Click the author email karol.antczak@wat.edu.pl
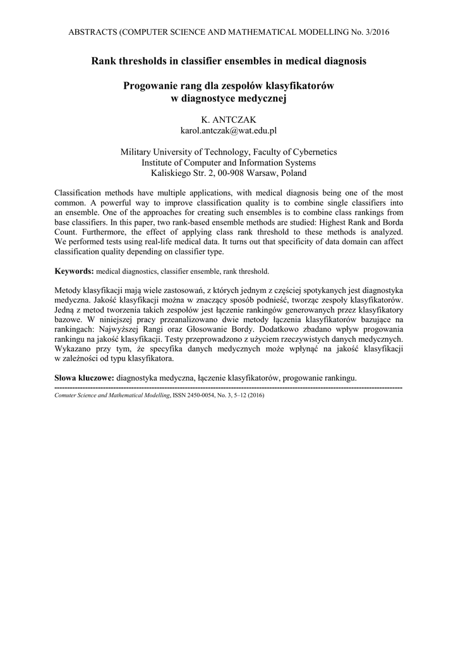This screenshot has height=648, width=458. tap(229, 130)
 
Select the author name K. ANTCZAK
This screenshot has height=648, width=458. tap(229, 120)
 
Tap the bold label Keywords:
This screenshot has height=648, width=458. tap(75, 271)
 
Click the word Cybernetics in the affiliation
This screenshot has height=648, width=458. tap(315, 152)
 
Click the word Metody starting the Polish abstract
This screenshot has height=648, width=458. tap(69, 290)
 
